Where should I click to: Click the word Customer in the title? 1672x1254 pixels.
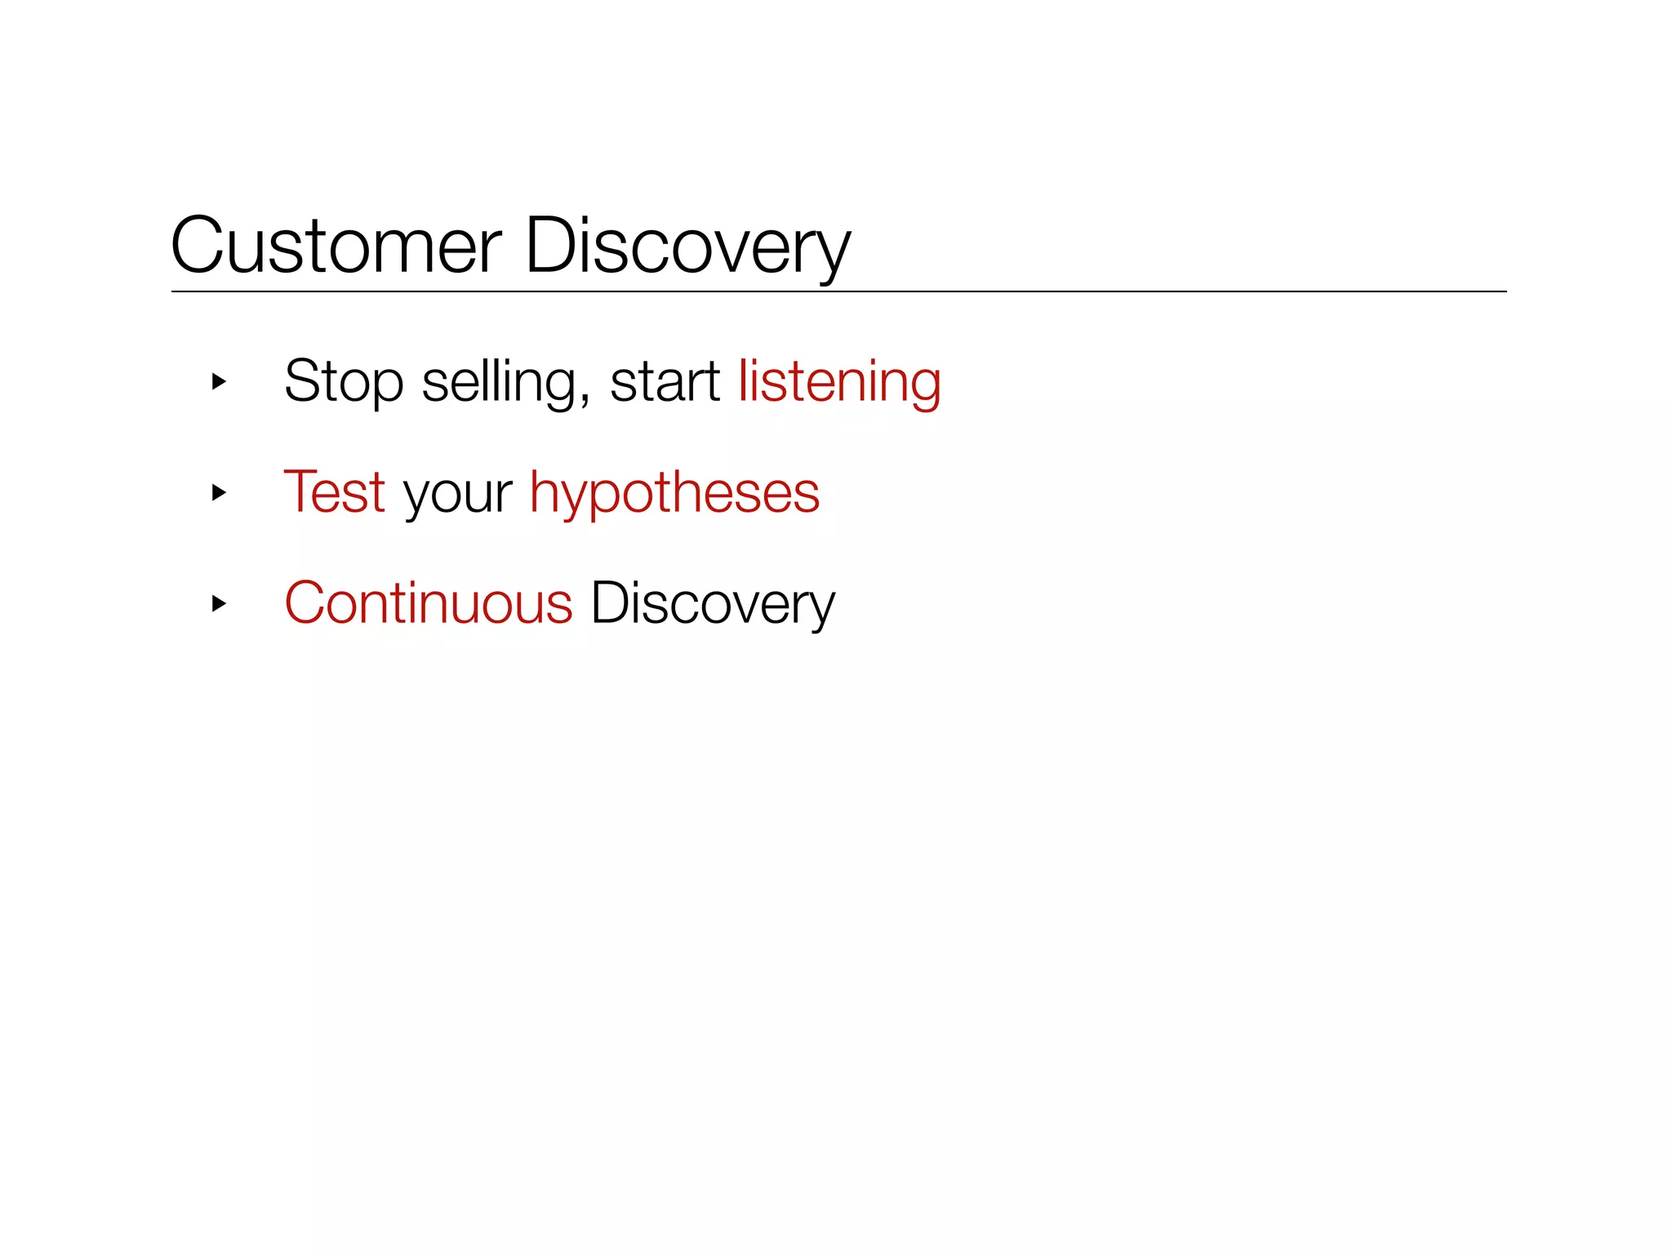pos(336,246)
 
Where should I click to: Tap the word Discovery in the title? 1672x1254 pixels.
pos(687,246)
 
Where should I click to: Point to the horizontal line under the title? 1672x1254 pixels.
pos(838,291)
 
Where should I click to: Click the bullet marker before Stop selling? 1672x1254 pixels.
pos(218,381)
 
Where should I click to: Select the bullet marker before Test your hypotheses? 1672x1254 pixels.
pos(218,492)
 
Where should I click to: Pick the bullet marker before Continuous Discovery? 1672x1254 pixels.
pos(218,603)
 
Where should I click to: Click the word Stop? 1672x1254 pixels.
pos(344,381)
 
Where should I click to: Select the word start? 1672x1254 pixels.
pos(665,381)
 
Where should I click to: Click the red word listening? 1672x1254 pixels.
pos(839,381)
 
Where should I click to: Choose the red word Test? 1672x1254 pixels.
pos(334,492)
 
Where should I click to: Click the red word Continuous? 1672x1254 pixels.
pos(429,603)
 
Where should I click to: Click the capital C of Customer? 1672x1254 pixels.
pos(196,246)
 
